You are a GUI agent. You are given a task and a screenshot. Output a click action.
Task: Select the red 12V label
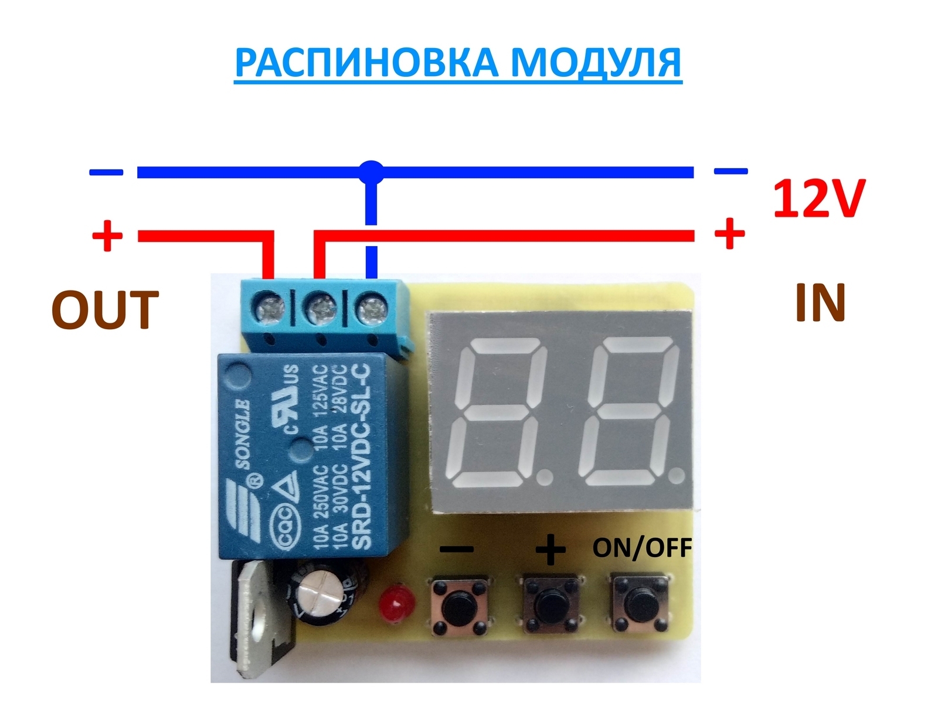[x=818, y=198]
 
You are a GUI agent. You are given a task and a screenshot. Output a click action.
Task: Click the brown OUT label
[x=106, y=309]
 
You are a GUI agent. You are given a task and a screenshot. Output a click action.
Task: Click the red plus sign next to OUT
[x=107, y=236]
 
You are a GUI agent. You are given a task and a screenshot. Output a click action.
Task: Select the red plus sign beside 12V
[x=729, y=234]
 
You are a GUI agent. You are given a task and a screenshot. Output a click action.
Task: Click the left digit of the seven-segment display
[x=502, y=412]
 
